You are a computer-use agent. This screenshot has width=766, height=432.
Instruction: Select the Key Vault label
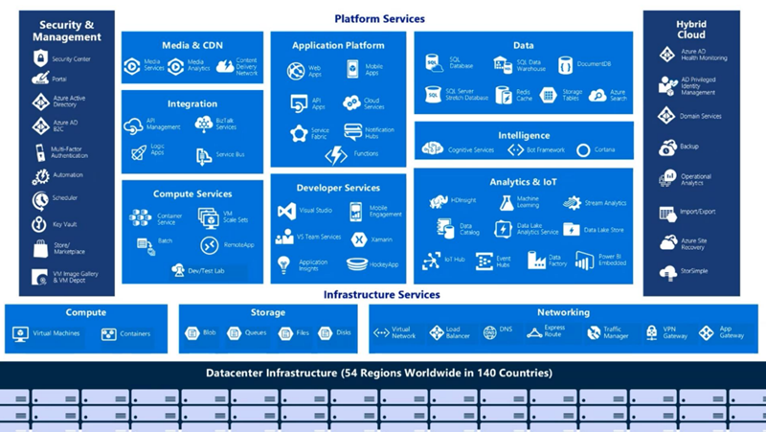coord(63,225)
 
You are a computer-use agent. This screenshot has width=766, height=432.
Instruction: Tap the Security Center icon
coord(40,59)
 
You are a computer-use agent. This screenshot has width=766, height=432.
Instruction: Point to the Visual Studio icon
coord(285,211)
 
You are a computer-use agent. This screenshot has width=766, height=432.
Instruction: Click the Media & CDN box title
coord(191,45)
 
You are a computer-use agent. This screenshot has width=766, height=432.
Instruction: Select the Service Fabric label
coord(320,133)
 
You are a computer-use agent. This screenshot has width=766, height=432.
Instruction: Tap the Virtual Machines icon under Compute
coord(20,334)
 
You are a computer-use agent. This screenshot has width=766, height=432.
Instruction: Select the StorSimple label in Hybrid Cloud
coord(695,271)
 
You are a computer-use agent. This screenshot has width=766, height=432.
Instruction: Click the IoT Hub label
coord(454,259)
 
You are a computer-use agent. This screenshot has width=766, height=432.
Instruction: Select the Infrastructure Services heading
coord(381,295)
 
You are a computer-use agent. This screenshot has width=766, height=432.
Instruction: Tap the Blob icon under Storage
coord(191,333)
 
